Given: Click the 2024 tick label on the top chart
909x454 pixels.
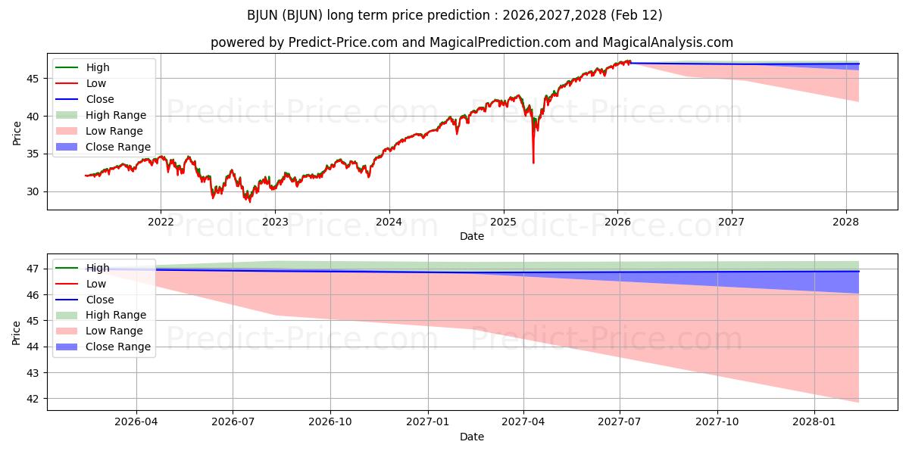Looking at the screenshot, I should (x=389, y=222).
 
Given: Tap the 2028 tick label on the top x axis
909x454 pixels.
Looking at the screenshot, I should (x=846, y=222).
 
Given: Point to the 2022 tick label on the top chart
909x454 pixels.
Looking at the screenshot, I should (x=161, y=222).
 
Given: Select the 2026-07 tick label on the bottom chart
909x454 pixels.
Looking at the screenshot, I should (x=233, y=422).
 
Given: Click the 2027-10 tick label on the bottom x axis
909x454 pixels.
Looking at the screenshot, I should (x=717, y=422).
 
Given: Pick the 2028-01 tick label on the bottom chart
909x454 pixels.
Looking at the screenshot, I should (x=814, y=422).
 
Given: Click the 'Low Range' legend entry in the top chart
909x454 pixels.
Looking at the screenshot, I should (x=114, y=131).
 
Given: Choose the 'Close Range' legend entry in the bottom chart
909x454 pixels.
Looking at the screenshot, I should (x=117, y=347).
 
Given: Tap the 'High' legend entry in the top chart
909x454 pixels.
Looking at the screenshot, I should (x=98, y=67).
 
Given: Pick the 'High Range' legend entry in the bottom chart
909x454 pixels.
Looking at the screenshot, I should (x=116, y=315).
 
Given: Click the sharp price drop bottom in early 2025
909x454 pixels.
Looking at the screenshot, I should (x=533, y=163).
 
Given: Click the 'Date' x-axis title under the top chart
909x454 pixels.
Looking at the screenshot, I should (x=472, y=236).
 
